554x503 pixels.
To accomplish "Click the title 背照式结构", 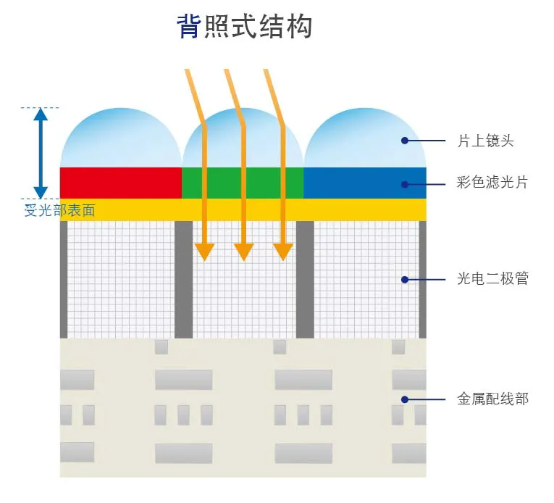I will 244,27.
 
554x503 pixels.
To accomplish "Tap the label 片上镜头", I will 485,141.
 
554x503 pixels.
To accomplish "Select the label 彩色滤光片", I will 492,183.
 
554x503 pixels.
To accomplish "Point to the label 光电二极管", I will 492,278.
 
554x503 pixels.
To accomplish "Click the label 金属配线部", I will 492,399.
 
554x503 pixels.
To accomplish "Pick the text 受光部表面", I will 59,211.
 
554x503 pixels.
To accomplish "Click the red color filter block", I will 120,183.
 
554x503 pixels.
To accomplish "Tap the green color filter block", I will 242,183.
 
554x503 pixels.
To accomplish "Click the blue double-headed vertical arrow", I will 41,153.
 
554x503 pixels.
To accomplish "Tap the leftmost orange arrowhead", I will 205,251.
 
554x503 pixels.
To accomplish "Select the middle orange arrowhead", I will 244,251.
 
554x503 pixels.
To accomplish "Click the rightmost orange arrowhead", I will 283,251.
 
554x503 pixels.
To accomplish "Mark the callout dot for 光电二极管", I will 405,279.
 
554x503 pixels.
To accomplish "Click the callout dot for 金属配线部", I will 405,399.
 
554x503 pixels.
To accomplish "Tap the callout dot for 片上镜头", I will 405,141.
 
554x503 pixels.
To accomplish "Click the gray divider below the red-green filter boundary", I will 184,279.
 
